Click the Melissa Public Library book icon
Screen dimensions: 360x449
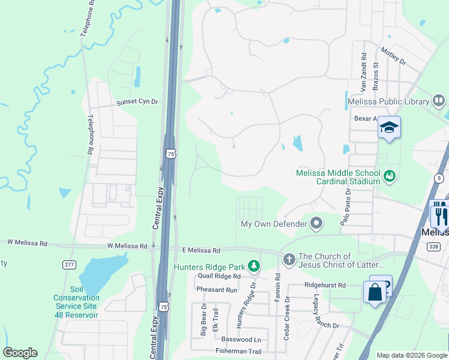point(439,101)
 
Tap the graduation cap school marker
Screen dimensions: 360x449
point(389,127)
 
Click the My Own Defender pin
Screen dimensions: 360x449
point(316,224)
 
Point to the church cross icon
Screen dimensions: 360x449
point(289,260)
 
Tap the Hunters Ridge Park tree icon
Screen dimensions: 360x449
point(255,266)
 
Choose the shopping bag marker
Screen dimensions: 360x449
point(375,293)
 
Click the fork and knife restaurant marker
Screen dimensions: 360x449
point(441,213)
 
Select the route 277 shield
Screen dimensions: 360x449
point(69,264)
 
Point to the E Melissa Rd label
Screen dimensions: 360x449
point(200,250)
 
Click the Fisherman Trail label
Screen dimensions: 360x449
point(238,351)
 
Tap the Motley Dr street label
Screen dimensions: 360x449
point(394,57)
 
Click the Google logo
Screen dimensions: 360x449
point(20,353)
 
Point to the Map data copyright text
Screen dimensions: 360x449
point(411,355)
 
